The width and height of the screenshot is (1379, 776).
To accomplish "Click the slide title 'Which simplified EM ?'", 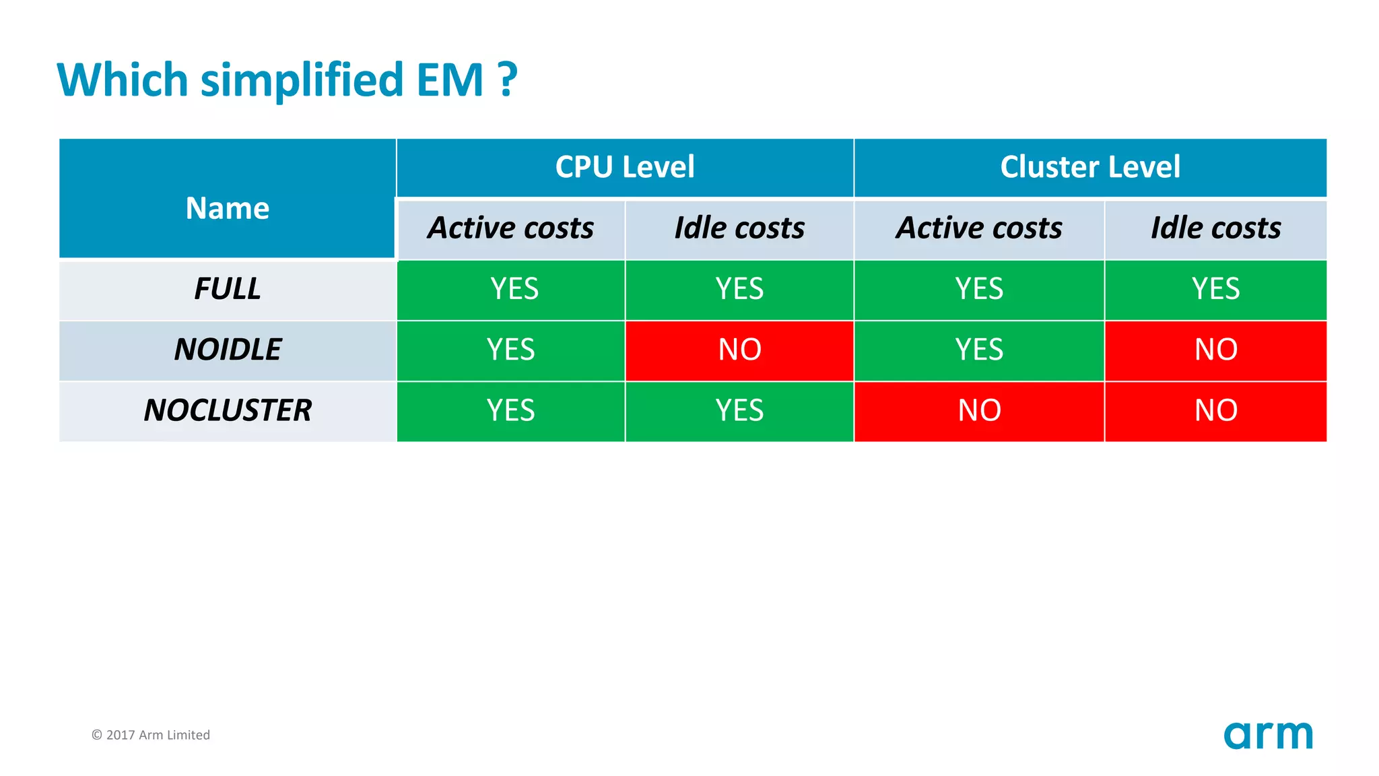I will click(x=287, y=80).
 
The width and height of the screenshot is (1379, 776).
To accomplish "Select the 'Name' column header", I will click(x=228, y=207).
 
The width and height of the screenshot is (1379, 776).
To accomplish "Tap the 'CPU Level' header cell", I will click(x=625, y=167).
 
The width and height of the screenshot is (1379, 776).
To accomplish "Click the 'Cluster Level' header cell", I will click(x=1090, y=167).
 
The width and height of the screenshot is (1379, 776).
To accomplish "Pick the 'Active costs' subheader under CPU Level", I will click(x=510, y=228).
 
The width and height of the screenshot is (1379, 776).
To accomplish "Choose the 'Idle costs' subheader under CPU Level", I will click(x=739, y=228).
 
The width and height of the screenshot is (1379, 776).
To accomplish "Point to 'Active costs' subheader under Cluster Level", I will click(x=979, y=228).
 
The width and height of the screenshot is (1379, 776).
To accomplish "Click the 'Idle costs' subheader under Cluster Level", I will click(x=1215, y=228).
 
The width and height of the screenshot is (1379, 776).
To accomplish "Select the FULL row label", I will click(x=228, y=289).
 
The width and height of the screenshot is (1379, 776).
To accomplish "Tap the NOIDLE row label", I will click(x=228, y=350).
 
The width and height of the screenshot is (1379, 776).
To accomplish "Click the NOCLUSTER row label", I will click(x=228, y=410).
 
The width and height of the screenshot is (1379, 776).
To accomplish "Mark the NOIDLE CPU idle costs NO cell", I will click(x=739, y=350).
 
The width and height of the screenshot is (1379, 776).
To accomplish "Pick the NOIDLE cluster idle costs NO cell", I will click(x=1215, y=350).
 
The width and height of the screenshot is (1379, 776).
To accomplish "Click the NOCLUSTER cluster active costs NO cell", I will click(x=979, y=410).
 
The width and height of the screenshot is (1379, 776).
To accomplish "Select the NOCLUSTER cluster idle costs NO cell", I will click(x=1215, y=410).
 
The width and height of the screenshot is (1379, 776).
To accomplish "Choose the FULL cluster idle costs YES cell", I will click(x=1215, y=289).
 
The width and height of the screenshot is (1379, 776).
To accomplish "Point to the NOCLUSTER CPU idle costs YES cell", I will click(x=739, y=410).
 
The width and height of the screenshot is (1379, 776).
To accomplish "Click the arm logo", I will click(x=1268, y=735).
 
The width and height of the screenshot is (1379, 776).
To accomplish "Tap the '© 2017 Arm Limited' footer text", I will click(x=151, y=735).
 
